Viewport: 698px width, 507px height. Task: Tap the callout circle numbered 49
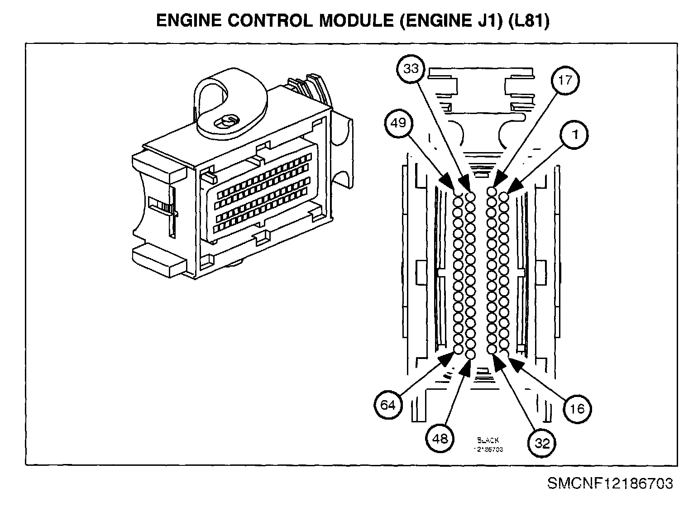(x=398, y=123)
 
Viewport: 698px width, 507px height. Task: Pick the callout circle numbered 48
(x=440, y=438)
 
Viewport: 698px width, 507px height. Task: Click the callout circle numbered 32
(x=542, y=443)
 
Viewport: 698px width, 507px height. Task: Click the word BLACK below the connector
(x=488, y=440)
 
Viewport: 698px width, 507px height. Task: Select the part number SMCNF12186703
(x=610, y=483)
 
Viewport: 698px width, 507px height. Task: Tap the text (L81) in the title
(x=529, y=22)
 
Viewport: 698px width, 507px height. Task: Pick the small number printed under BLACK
(x=488, y=450)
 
